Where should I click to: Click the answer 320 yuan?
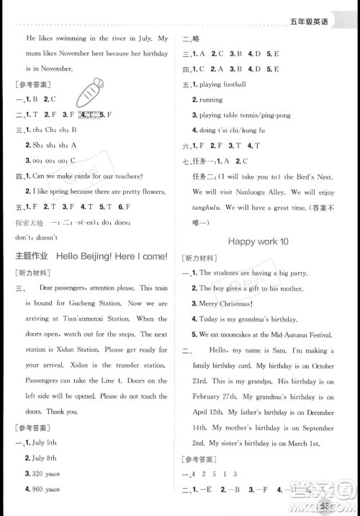coord(46,481)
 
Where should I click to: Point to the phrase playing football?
coord(224,84)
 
